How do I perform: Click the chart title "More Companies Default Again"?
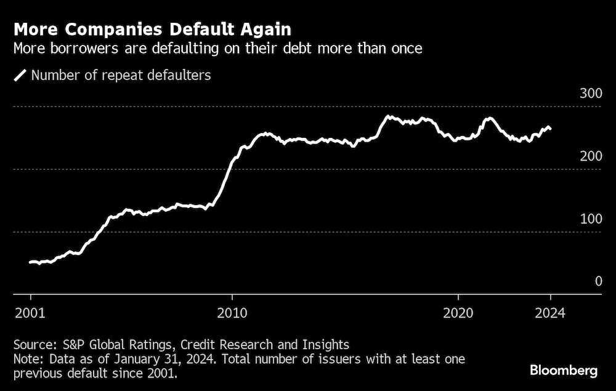point(153,30)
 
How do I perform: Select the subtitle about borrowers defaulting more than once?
point(218,49)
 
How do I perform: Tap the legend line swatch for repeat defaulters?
point(20,76)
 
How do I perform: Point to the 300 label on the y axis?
point(590,94)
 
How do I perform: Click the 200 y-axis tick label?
point(590,157)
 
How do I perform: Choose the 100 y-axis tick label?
point(590,220)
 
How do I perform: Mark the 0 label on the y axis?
point(598,282)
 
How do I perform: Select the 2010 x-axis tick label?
point(232,312)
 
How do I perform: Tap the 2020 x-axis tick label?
point(458,312)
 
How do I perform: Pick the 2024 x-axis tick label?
point(550,312)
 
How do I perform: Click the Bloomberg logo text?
point(564,371)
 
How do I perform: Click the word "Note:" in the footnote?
point(29,358)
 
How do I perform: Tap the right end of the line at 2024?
point(550,129)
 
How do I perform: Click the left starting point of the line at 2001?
point(30,262)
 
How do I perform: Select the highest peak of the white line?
point(388,116)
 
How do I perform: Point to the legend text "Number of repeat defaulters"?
point(121,76)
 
